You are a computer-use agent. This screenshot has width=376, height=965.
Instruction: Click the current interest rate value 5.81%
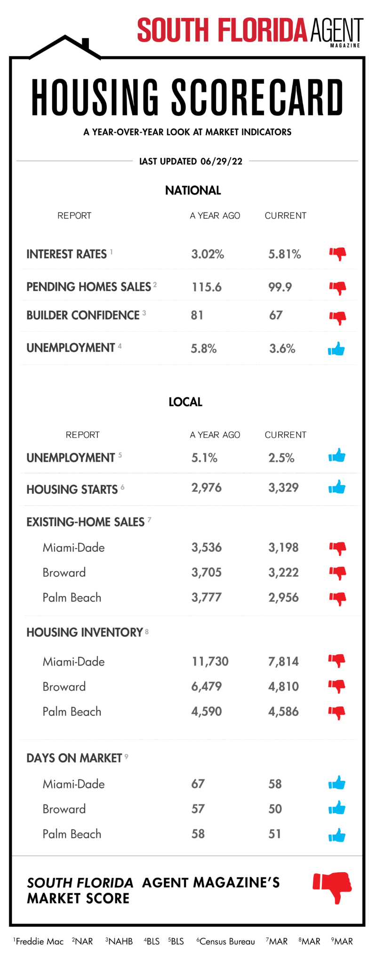coord(284,254)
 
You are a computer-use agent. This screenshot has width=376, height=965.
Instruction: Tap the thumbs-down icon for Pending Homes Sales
coord(337,287)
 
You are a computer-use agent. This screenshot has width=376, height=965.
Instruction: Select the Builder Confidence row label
coord(83,315)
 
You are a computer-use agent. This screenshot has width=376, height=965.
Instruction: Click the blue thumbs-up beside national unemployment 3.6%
coord(336,349)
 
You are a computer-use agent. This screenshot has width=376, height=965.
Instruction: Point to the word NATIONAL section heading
coord(193,190)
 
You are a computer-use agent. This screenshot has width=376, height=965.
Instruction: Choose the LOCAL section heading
coord(185,402)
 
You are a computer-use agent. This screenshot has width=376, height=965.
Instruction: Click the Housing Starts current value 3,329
coord(283,488)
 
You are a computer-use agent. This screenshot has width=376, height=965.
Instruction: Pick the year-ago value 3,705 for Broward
coord(206,572)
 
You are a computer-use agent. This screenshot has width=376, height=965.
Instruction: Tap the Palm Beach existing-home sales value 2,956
coord(283,597)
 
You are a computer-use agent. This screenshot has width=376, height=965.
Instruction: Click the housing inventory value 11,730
coord(210,662)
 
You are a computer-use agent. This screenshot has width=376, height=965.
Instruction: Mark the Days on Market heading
coord(74,758)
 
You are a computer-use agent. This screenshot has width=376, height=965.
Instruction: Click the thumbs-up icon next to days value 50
coord(337,809)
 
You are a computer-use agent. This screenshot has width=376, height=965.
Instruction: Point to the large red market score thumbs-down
coord(333,887)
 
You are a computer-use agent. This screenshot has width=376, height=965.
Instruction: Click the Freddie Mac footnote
coord(39,941)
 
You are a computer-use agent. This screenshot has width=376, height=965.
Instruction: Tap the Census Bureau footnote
coord(226,941)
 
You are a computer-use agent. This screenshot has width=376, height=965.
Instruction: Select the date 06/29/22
coord(221,162)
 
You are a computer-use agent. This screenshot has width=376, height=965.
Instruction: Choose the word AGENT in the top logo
coord(336,31)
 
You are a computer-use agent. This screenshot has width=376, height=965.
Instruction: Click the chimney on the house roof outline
coord(86,43)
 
